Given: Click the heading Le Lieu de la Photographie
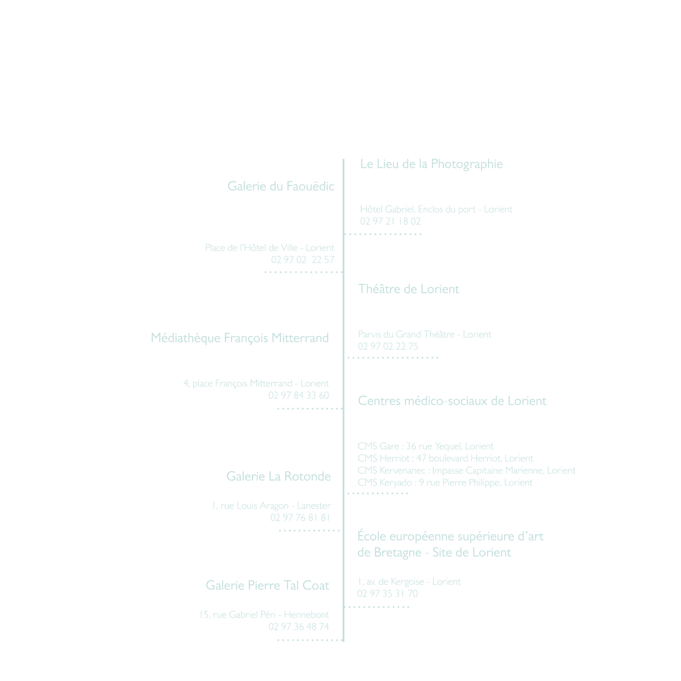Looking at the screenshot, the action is [431, 164].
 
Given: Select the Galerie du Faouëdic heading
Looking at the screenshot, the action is [281, 186].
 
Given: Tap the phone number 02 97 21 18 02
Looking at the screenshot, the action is [390, 221].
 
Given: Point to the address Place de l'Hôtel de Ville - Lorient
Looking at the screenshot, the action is [270, 247].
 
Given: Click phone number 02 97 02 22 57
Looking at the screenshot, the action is [303, 260].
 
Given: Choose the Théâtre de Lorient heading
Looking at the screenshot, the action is [408, 289].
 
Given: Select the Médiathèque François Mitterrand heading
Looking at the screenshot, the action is [240, 338].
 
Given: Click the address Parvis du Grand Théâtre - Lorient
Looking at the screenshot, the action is [424, 334].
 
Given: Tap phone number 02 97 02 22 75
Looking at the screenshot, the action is [388, 346].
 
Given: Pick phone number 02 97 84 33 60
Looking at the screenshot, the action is [298, 395].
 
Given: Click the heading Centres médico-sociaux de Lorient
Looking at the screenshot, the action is [452, 401].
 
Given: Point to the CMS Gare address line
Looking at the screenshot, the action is [425, 446].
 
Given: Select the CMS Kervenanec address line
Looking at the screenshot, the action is [466, 470].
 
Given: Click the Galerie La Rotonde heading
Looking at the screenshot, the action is [278, 476].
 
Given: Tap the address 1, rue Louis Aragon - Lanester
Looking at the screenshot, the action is [271, 505].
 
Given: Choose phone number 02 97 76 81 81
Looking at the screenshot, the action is [300, 517].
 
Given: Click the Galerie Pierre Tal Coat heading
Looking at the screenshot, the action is [267, 585].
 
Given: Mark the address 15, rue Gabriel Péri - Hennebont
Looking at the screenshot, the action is [264, 614].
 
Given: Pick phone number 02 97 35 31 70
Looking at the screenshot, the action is [387, 594].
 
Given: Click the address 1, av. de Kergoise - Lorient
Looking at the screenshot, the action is [409, 582].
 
